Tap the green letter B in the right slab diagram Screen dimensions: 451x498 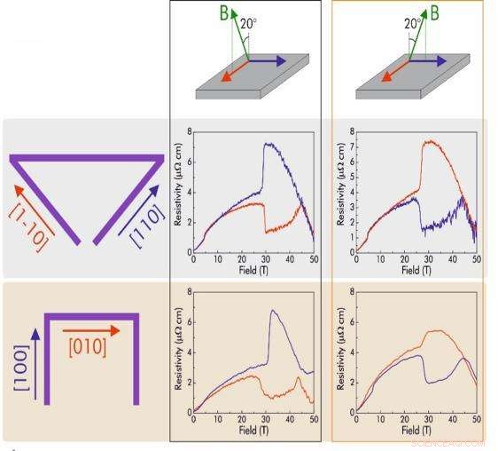pyautogui.click(x=434, y=13)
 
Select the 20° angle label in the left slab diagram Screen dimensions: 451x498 pyautogui.click(x=248, y=25)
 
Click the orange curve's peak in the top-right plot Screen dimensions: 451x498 pyautogui.click(x=431, y=140)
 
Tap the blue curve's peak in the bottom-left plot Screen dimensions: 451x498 pyautogui.click(x=272, y=311)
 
